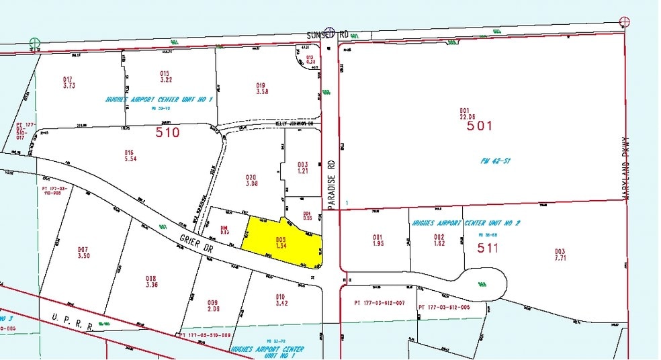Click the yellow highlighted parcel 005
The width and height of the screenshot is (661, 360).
282,242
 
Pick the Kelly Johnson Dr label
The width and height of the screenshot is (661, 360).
296,124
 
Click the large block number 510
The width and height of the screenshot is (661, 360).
167,133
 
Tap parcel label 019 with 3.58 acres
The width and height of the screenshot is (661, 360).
262,88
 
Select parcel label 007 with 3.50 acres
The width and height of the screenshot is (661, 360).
83,252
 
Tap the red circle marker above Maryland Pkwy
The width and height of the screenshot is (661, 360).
625,21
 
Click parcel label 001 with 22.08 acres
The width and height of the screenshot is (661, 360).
464,114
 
